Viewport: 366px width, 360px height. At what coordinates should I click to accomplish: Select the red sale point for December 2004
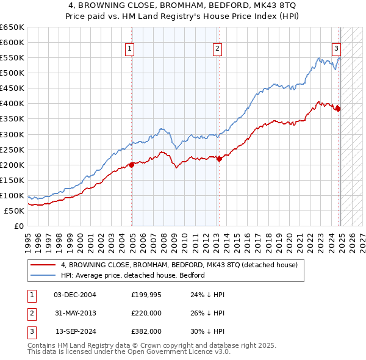(x=131, y=165)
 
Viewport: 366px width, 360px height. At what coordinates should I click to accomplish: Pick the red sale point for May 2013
(x=219, y=159)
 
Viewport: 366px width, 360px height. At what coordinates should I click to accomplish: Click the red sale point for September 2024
(x=337, y=109)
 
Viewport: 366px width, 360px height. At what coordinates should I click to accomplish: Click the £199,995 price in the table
(x=146, y=295)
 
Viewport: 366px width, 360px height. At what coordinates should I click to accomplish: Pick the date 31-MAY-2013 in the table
(x=75, y=313)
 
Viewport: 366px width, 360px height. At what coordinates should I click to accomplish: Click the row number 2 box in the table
(x=30, y=313)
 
